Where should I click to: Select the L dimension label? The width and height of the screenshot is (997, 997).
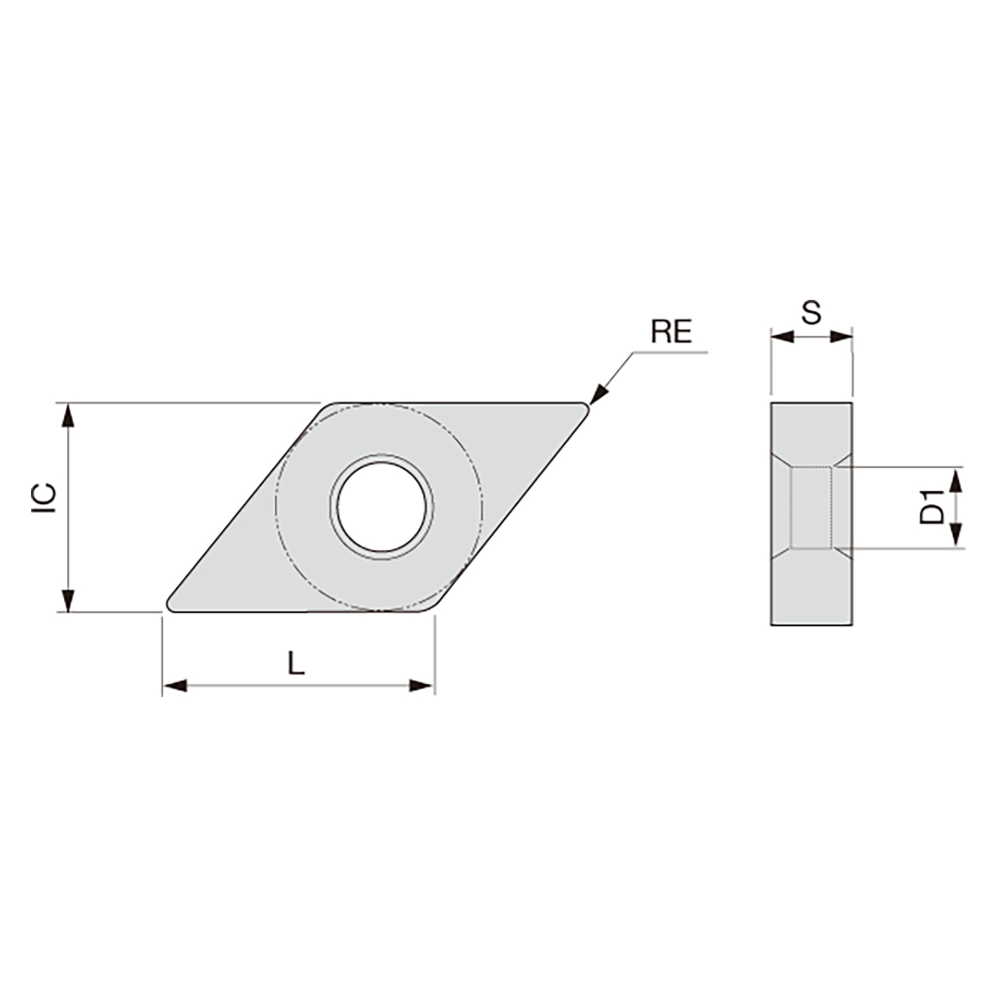click(295, 663)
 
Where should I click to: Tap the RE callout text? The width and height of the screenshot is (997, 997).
click(671, 333)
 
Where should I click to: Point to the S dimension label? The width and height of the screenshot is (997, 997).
click(811, 313)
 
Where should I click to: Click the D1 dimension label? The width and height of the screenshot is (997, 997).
click(932, 506)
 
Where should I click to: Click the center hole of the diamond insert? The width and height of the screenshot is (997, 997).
click(382, 507)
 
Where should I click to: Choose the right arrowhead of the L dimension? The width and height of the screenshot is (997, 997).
click(421, 685)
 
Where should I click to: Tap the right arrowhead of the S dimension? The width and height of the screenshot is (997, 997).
click(841, 336)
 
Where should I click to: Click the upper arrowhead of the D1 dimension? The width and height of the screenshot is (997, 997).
click(958, 480)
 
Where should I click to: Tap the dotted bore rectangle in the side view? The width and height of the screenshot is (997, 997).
click(811, 507)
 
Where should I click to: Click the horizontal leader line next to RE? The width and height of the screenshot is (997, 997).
click(670, 353)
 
